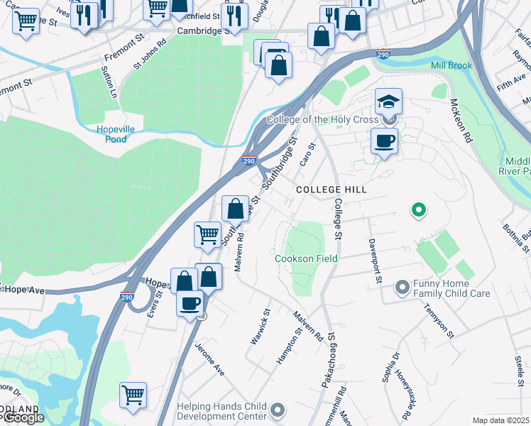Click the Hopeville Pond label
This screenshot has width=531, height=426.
111,133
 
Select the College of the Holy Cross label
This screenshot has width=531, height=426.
322,120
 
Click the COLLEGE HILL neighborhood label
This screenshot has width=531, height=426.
331,190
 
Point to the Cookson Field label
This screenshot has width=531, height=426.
305,259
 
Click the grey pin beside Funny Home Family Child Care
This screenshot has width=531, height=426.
402,288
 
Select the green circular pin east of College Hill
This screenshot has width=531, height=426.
418,209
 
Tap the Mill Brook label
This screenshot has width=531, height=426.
451,66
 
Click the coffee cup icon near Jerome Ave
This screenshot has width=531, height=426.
190,304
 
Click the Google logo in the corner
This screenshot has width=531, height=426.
23,417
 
